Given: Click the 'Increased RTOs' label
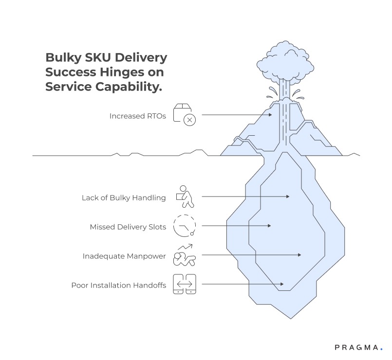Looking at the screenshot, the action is click(x=137, y=116).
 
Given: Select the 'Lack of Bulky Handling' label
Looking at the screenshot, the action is click(x=124, y=198).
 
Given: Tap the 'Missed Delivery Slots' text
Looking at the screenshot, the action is click(x=128, y=227).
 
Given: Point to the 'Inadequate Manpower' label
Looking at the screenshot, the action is click(x=124, y=256).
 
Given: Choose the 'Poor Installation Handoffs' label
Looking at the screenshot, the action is click(x=118, y=285).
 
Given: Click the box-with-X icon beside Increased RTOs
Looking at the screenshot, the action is click(x=185, y=115).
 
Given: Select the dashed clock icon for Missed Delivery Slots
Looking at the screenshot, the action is click(x=184, y=225).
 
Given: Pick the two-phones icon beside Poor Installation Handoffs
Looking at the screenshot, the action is click(x=185, y=284).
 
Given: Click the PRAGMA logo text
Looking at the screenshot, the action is click(x=356, y=347).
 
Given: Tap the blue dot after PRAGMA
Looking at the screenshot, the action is click(x=381, y=349).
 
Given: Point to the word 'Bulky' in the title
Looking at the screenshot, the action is click(x=63, y=57).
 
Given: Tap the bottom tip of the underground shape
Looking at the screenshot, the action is click(x=292, y=318).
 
